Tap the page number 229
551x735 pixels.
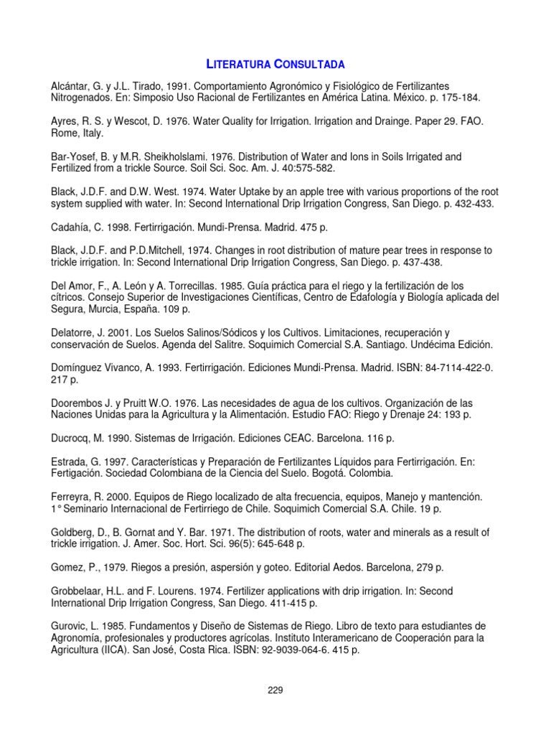pyautogui.click(x=275, y=690)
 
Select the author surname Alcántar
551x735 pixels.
pyautogui.click(x=73, y=85)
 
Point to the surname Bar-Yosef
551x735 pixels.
pyautogui.click(x=76, y=156)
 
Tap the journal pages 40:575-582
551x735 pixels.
pyautogui.click(x=303, y=168)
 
